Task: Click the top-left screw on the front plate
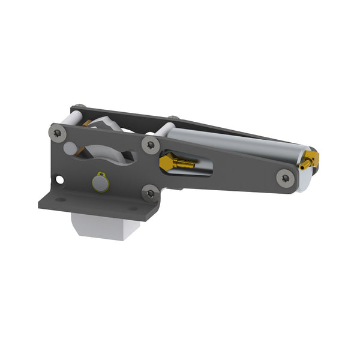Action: coord(58,134)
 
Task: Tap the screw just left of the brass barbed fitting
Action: coord(151,144)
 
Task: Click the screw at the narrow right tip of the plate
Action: coord(285,177)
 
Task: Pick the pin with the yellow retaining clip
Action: coord(100,182)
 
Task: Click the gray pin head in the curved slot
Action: coord(71,148)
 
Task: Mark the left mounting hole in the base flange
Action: coord(61,199)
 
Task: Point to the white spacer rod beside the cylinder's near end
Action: coord(166,129)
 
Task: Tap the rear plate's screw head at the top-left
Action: coord(80,108)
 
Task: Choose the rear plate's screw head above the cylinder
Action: coord(173,119)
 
